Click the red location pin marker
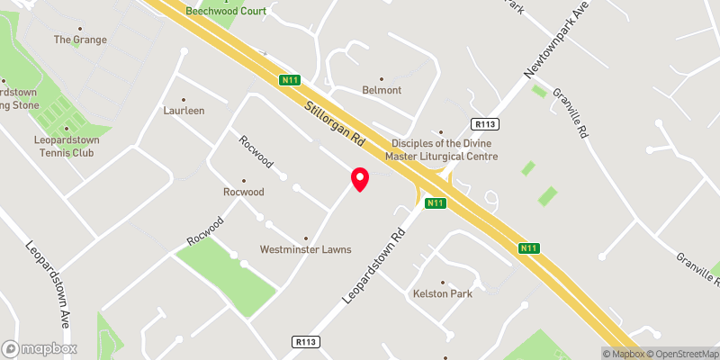coord(360,179)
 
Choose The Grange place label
coord(80,40)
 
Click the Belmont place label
coord(381,90)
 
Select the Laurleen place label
coord(184,111)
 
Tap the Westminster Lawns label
coord(305,249)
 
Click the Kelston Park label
coord(442,293)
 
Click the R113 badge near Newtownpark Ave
coord(484,124)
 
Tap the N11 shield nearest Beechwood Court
coord(289,80)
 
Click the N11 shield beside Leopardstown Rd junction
coord(436,203)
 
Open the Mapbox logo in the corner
coord(40,348)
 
